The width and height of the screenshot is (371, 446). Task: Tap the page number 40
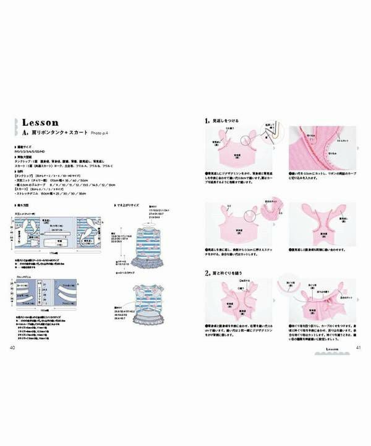click(12, 347)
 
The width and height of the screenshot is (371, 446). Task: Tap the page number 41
click(358, 347)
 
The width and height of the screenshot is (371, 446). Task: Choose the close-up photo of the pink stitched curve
click(322, 148)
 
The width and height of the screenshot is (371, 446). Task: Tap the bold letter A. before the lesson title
click(25, 133)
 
